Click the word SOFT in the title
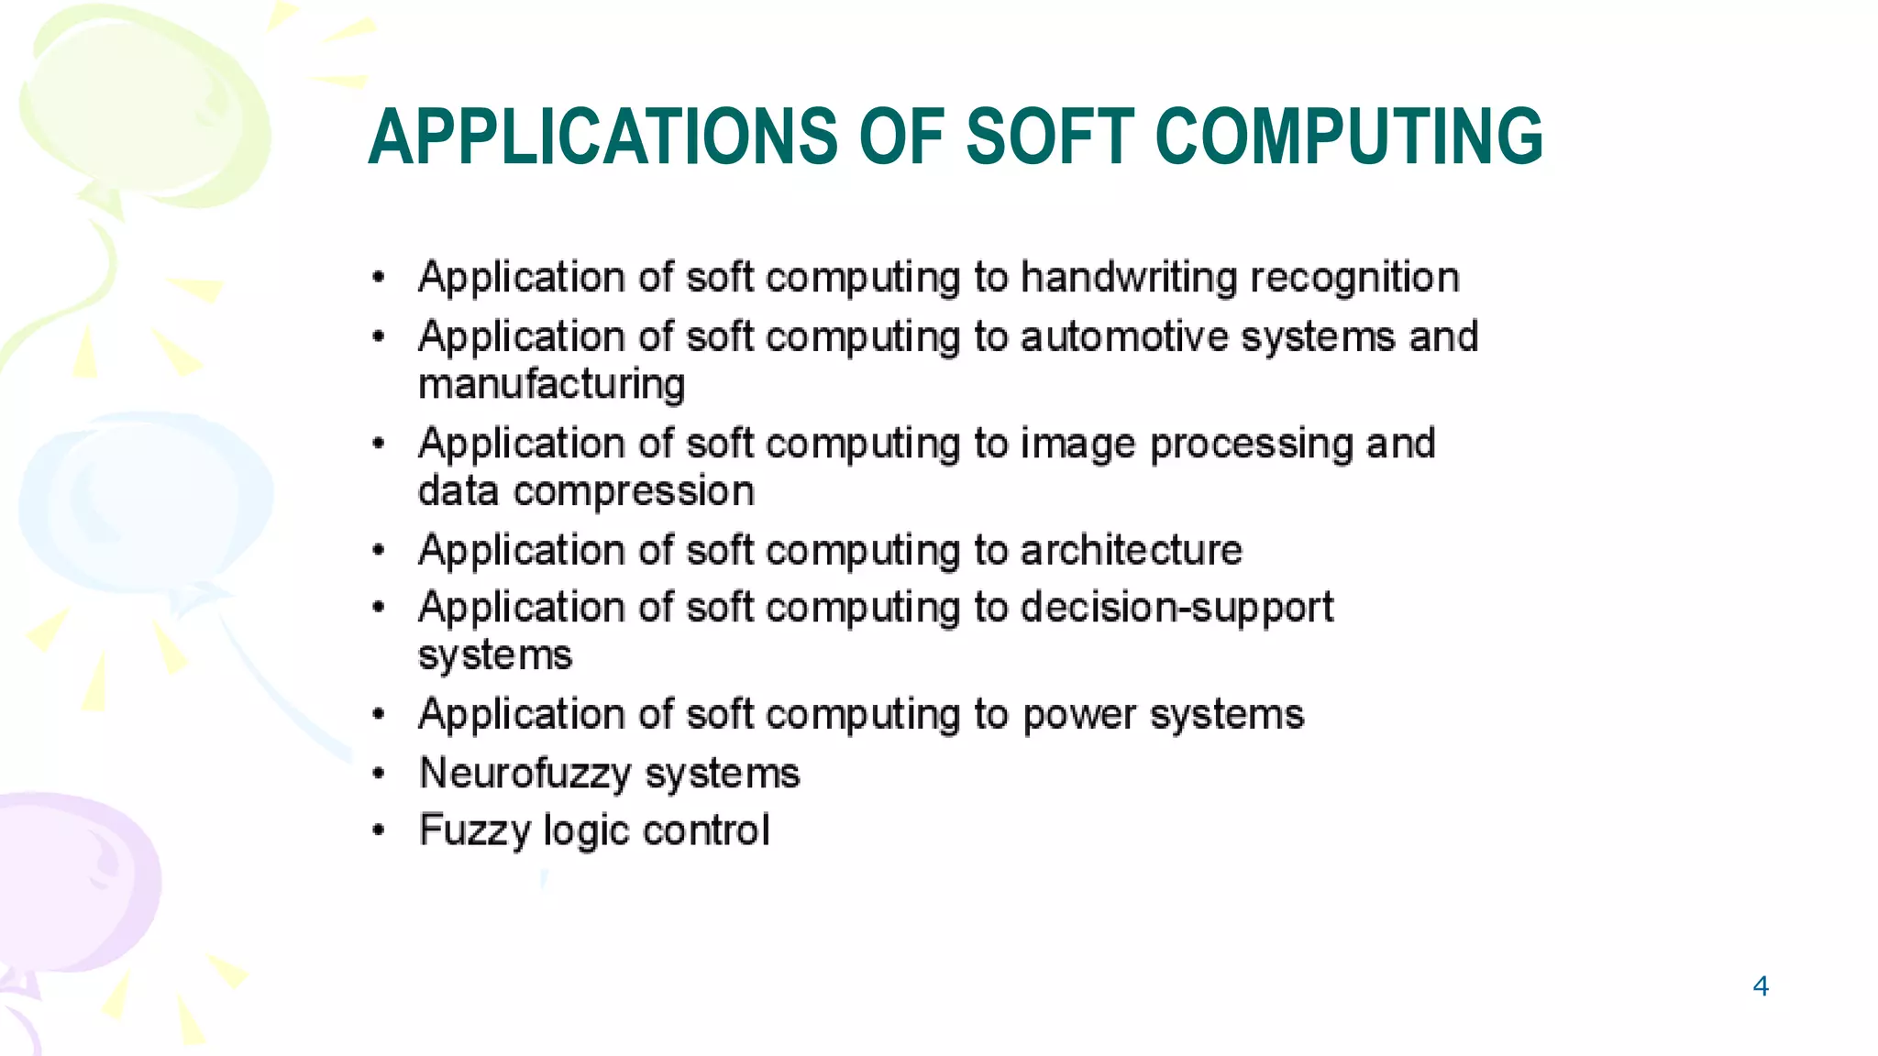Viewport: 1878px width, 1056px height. pos(1050,137)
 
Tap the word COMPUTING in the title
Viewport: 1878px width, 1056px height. pos(1350,137)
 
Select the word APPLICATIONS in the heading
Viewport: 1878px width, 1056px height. pos(602,137)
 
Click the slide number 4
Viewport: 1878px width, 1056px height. pos(1760,986)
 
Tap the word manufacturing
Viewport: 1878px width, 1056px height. pos(551,385)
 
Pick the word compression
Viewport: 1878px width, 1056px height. pos(634,492)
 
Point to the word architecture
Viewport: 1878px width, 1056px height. pos(1131,550)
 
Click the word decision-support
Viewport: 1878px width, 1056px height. pos(1177,609)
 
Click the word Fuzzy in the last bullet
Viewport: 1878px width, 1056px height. pos(475,831)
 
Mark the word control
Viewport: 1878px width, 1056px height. pos(705,830)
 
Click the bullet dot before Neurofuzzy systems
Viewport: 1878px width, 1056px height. pos(379,774)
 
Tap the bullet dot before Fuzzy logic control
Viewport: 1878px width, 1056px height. pos(379,831)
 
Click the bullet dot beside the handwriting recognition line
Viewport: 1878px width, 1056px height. pos(379,277)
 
